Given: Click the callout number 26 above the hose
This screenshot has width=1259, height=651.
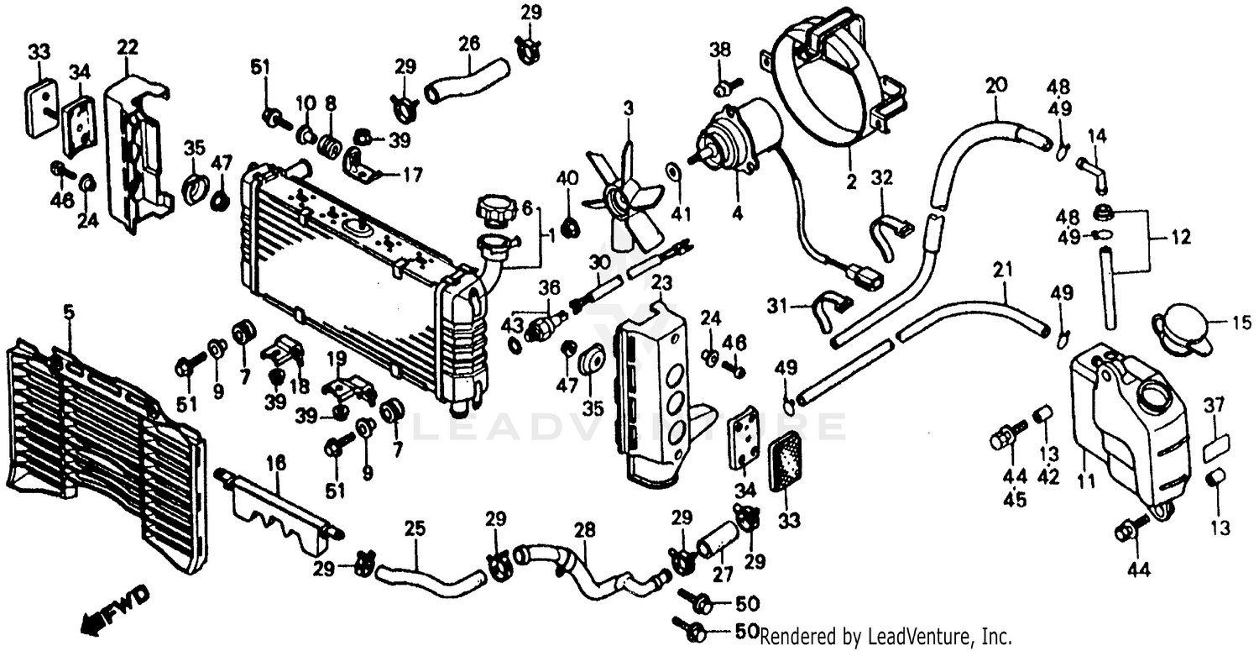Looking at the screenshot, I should (x=469, y=42).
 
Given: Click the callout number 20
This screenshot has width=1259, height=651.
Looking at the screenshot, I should (x=995, y=85).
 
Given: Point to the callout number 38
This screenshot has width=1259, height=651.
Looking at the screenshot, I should (x=719, y=49).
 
